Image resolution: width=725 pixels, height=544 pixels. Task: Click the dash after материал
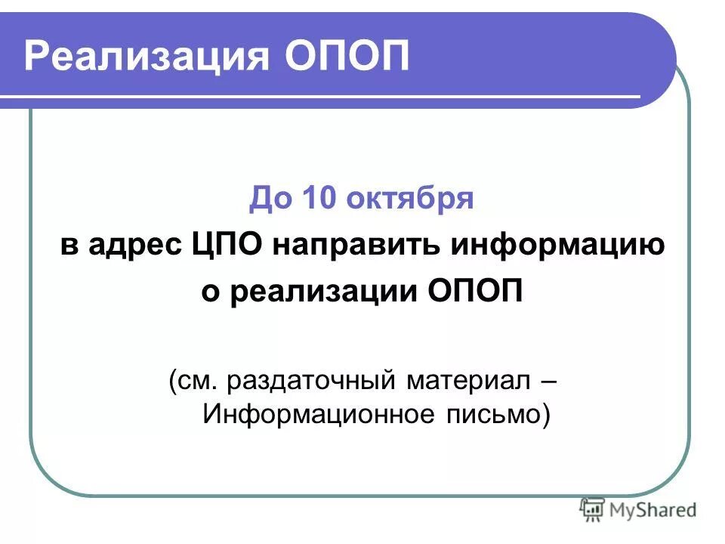tap(549, 381)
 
